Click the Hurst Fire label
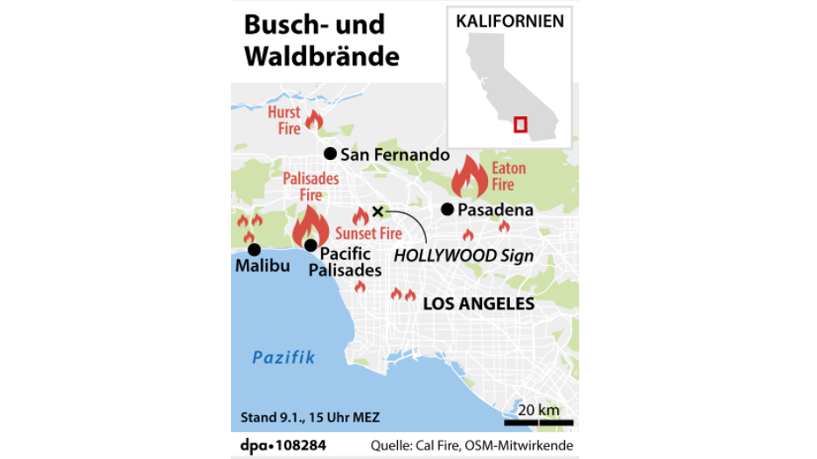pyautogui.click(x=284, y=121)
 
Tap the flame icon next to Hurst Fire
pyautogui.click(x=313, y=120)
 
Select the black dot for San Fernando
pyautogui.click(x=330, y=154)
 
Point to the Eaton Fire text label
pyautogui.click(x=508, y=176)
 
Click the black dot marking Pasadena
pyautogui.click(x=447, y=209)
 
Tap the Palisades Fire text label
pyautogui.click(x=311, y=187)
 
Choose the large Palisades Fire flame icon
pyautogui.click(x=311, y=226)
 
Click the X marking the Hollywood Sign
pyautogui.click(x=378, y=211)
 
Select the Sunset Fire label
pyautogui.click(x=368, y=233)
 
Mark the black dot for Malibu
pyautogui.click(x=254, y=250)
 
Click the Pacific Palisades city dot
pyautogui.click(x=310, y=245)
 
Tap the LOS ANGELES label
pyautogui.click(x=478, y=304)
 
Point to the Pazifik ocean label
pyautogui.click(x=283, y=357)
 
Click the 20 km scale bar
pyautogui.click(x=538, y=423)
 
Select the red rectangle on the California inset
pyautogui.click(x=520, y=124)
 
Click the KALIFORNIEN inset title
pyautogui.click(x=510, y=21)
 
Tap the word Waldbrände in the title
pyautogui.click(x=321, y=56)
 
